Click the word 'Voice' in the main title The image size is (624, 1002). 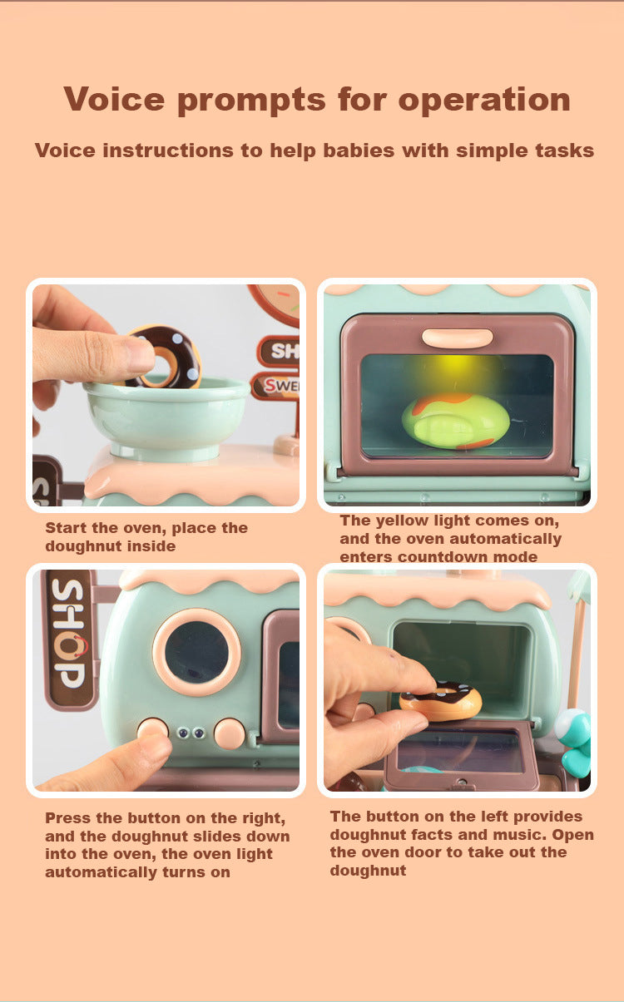coord(114,99)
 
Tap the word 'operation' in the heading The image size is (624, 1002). coord(484,101)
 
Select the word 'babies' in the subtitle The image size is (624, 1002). coord(359,151)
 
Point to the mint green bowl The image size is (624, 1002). coord(166,418)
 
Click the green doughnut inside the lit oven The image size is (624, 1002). coord(456,421)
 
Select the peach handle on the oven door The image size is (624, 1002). coord(458,338)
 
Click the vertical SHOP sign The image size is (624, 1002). coord(68,639)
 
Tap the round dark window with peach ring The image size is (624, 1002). coord(196,652)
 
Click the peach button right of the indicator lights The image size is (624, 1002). coord(230,733)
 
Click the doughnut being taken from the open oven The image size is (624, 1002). coord(440,701)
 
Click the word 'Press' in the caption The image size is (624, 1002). coord(68,818)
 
